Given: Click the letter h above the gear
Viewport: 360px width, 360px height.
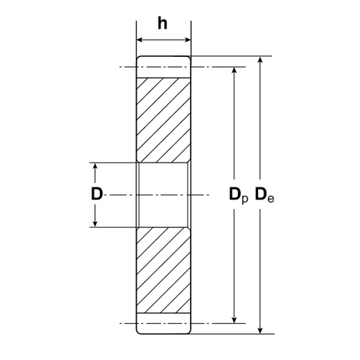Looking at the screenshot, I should click(163, 23).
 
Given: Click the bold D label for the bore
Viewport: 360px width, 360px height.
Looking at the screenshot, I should click(96, 194).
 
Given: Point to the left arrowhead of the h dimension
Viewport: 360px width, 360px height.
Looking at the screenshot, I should click(139, 40).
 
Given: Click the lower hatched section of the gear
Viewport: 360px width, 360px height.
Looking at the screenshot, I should click(163, 270).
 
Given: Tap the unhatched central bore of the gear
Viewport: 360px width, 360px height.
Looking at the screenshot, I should click(163, 194).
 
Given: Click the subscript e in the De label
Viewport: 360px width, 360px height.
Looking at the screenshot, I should click(271, 199).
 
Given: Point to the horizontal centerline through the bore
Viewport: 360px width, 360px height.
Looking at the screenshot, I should click(120, 194).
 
